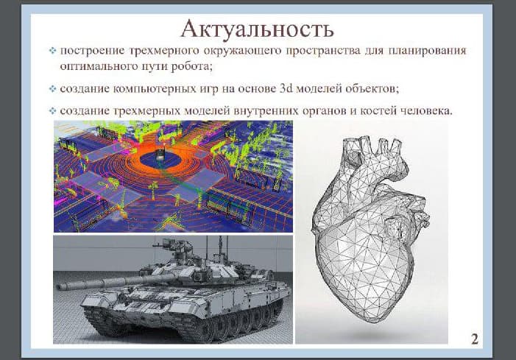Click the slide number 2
point(475,339)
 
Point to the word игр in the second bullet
point(203,89)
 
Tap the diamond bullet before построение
point(52,52)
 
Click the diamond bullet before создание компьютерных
point(52,90)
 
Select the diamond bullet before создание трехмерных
point(52,111)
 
